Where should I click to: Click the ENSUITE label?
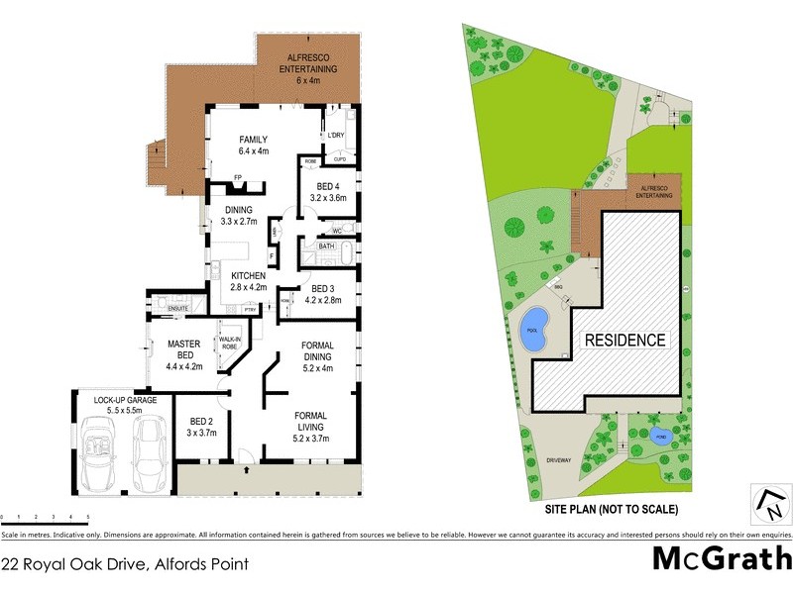[179, 308]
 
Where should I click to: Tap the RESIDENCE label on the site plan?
[623, 340]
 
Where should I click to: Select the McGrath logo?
[721, 558]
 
